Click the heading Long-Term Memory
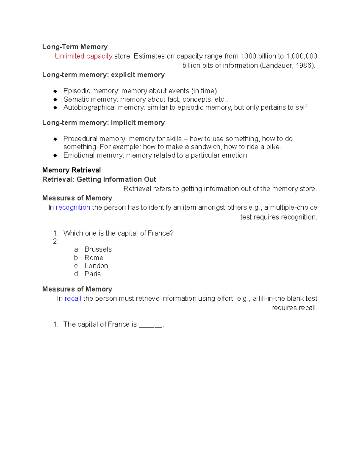75,47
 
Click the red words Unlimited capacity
83,56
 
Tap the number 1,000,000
301,56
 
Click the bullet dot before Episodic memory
55,91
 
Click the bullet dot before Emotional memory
55,156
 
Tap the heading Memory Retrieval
71,170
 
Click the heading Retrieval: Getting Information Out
99,179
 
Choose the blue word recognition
73,207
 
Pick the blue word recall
73,299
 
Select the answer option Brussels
98,249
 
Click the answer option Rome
94,258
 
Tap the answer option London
96,266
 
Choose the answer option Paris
92,274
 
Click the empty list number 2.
55,241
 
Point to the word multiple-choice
293,207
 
